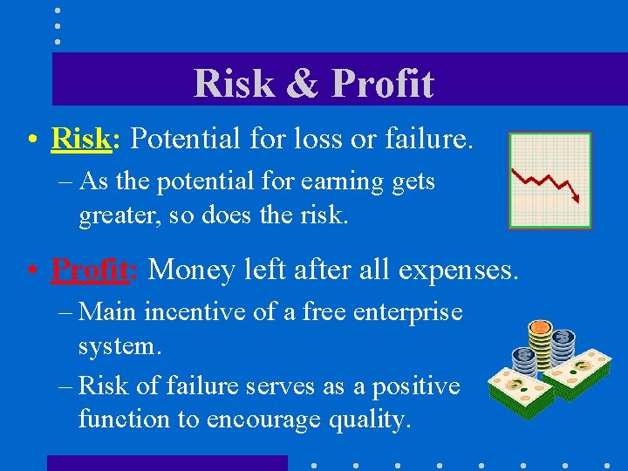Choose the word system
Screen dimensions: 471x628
click(x=117, y=345)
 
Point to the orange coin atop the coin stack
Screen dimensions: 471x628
click(x=540, y=328)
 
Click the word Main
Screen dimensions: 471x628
click(x=108, y=312)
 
